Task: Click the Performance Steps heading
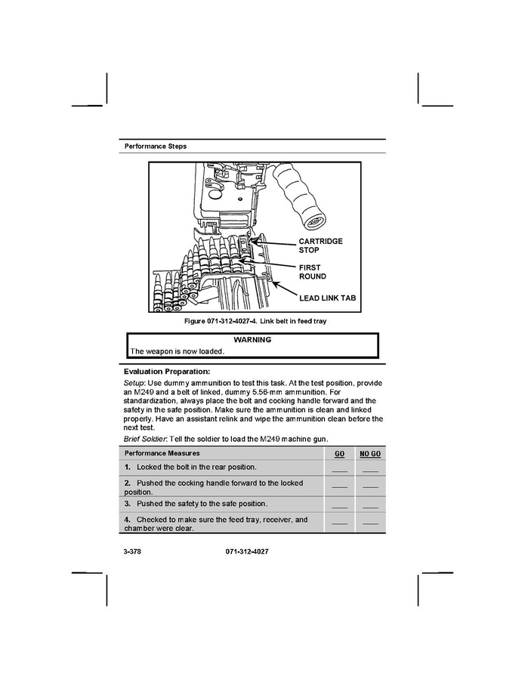(155, 146)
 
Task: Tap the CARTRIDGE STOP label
(320, 245)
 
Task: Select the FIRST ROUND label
(313, 272)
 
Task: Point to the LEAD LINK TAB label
(327, 298)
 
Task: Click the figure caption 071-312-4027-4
(255, 322)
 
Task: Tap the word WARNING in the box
(252, 340)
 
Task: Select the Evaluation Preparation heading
(166, 371)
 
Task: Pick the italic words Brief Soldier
(148, 439)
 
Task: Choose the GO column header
(339, 453)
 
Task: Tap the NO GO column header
(369, 453)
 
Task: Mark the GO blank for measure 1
(339, 469)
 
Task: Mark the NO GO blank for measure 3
(369, 505)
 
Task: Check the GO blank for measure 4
(339, 523)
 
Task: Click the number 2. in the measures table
(128, 483)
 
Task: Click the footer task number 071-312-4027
(247, 552)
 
